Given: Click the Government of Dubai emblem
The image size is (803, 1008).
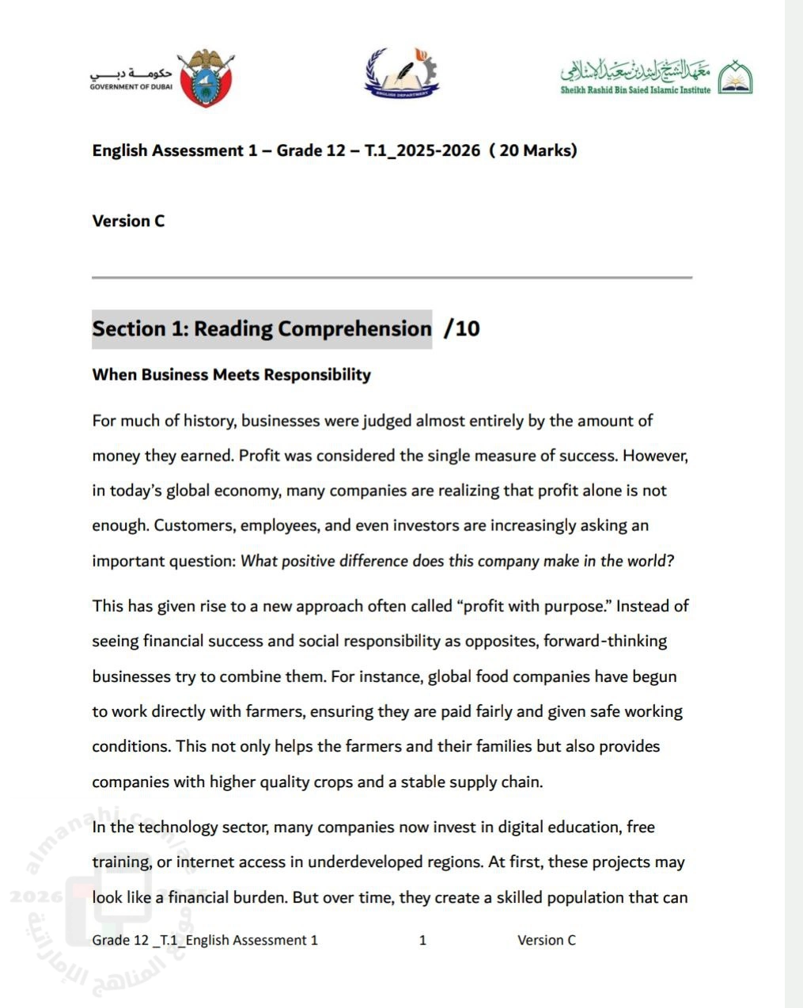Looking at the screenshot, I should coord(206,78).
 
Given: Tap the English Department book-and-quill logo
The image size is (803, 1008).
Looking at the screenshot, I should coord(401,74).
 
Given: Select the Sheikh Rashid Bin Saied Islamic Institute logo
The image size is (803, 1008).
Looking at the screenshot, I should coord(656,78).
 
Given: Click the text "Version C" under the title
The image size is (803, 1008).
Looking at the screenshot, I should coord(128,222).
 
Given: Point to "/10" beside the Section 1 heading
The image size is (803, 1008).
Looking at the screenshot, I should coord(462,328).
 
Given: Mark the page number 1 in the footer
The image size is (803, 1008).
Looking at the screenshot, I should coord(422,940).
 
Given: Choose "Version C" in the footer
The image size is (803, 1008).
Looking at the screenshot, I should coord(547,940).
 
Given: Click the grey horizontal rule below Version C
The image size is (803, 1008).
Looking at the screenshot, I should coord(392,278).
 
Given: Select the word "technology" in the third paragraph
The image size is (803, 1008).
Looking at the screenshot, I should coord(178,827).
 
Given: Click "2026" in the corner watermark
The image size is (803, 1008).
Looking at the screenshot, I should coord(36,896).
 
